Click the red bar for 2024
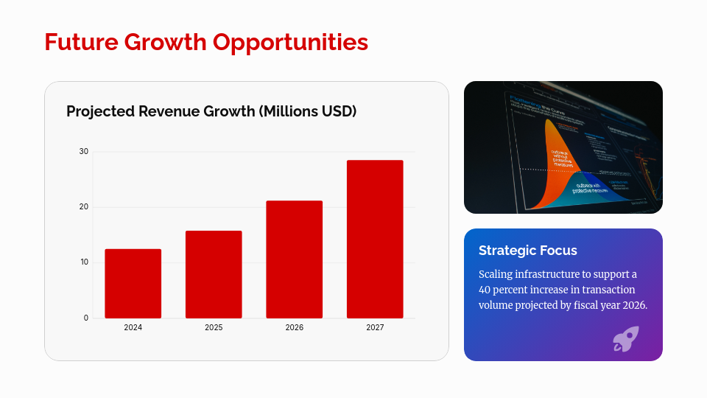tap(133, 284)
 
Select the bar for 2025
tap(214, 274)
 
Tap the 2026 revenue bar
tap(294, 259)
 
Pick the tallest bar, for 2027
tap(375, 239)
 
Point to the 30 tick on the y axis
tap(84, 152)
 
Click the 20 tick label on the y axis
tap(84, 207)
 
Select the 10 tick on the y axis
tap(84, 262)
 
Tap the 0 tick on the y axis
tap(86, 318)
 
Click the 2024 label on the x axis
tap(133, 327)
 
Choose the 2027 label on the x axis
tap(375, 327)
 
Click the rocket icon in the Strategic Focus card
tap(625, 339)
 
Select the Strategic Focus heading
tap(527, 251)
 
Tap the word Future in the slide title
tap(81, 42)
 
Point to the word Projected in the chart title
tap(100, 111)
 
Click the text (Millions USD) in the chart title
tap(308, 111)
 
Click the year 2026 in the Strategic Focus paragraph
tap(633, 305)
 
